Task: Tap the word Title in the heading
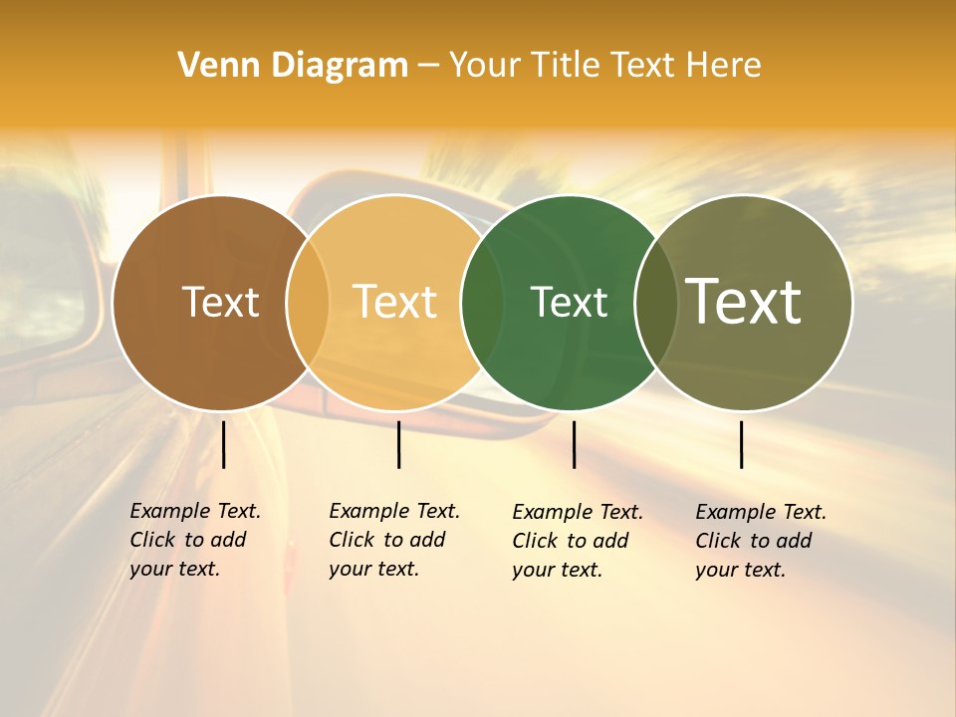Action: (564, 66)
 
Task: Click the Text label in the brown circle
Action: (220, 302)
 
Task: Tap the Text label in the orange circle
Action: (395, 302)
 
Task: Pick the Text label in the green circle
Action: (569, 302)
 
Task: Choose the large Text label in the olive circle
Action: (744, 302)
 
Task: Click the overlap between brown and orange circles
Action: (308, 303)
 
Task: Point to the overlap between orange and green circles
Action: (482, 303)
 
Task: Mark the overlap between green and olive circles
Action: (656, 303)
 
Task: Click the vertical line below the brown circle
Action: (224, 444)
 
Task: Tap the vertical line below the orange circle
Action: (398, 444)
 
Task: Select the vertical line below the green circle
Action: (574, 444)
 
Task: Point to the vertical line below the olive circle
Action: (742, 444)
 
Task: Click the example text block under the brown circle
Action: (194, 540)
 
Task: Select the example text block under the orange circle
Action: (393, 540)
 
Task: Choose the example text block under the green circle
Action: (577, 541)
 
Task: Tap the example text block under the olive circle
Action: (760, 541)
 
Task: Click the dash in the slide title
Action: (428, 67)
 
